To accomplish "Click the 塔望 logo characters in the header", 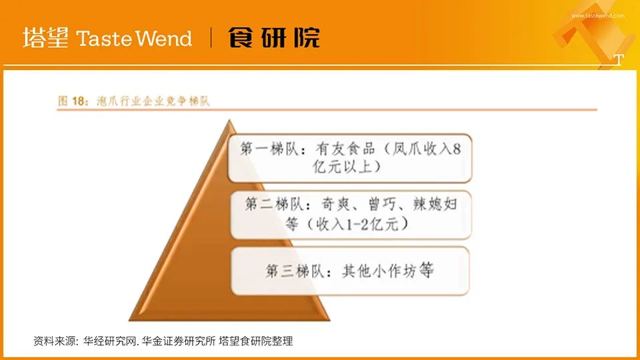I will click(45, 38).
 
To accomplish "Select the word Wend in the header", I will click(164, 39).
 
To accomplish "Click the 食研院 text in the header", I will click(274, 38).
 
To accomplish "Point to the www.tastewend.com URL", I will click(598, 15).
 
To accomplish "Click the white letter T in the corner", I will click(618, 60).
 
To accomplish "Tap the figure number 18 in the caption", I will click(80, 101).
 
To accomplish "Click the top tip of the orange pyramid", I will click(229, 121).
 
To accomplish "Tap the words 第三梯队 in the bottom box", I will click(291, 271).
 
